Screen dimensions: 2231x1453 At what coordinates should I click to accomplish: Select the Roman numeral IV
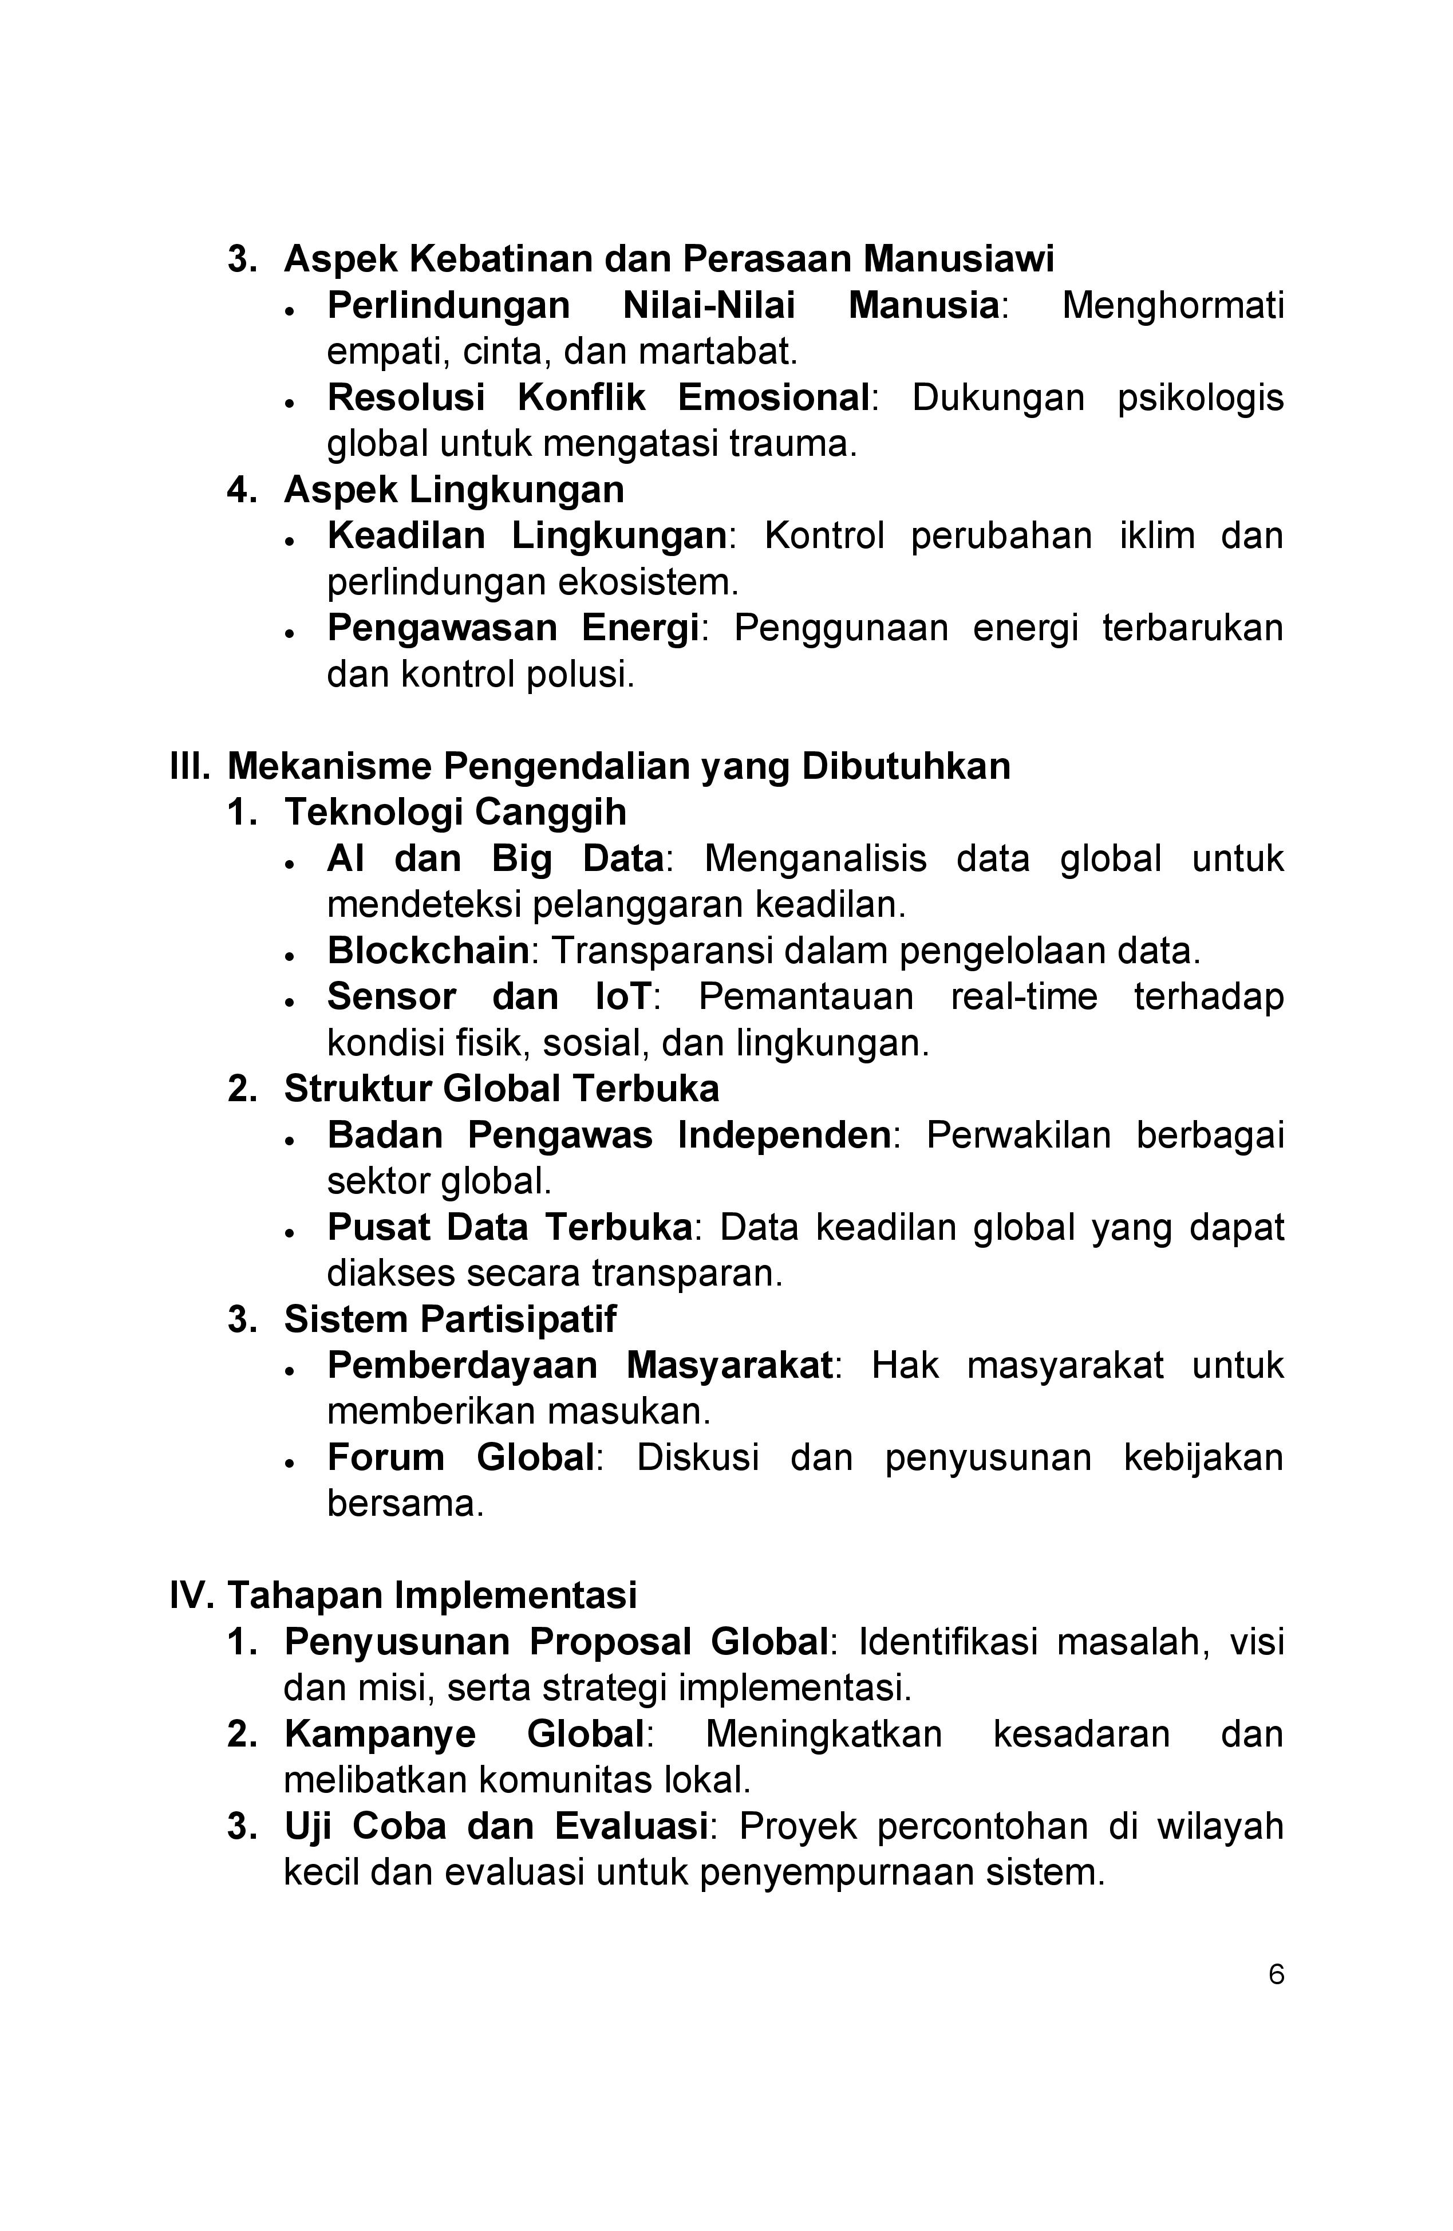pyautogui.click(x=192, y=1594)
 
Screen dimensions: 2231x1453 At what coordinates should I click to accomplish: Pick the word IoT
pyautogui.click(x=622, y=996)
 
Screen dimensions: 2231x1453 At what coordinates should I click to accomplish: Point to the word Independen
pyautogui.click(x=784, y=1135)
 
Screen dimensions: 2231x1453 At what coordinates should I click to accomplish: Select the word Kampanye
pyautogui.click(x=380, y=1734)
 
